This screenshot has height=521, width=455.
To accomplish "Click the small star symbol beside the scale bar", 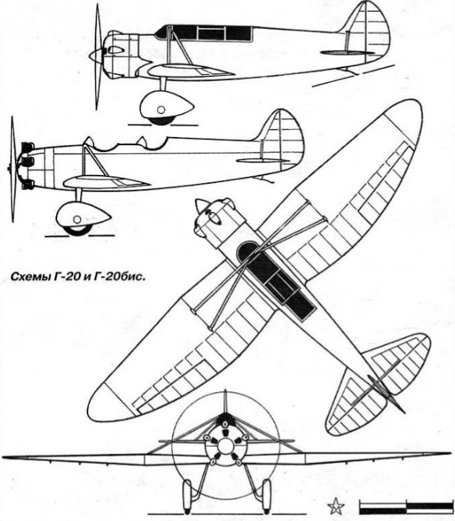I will pyautogui.click(x=336, y=508).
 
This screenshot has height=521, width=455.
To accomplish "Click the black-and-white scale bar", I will pyautogui.click(x=405, y=508).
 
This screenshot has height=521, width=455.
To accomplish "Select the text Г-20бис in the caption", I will pyautogui.click(x=125, y=278).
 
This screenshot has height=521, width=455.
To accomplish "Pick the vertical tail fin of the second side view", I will pyautogui.click(x=281, y=138).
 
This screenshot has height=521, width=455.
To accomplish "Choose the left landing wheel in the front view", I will pyautogui.click(x=188, y=494).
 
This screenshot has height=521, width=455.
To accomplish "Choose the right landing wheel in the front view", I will pyautogui.click(x=265, y=494).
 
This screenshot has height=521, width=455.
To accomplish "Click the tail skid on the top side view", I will pyautogui.click(x=349, y=70).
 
